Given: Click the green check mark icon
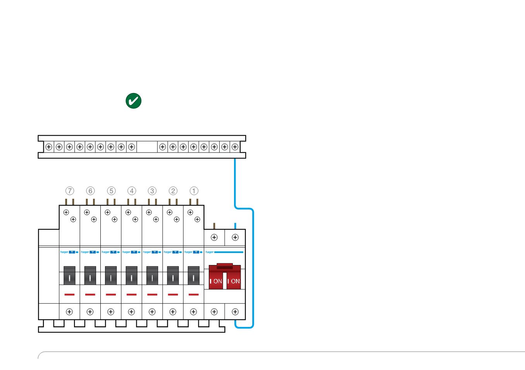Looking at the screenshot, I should tap(133, 101).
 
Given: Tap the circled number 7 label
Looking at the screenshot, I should tap(70, 191).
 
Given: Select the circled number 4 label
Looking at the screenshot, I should tap(132, 191).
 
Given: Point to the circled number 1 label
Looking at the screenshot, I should tap(194, 191).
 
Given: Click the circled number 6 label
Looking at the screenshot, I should tap(90, 191).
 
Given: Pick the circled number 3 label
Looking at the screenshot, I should tap(152, 191).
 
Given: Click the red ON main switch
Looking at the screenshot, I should tap(225, 277).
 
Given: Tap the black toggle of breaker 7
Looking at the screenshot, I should tap(69, 275).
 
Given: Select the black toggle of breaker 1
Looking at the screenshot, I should tap(193, 275).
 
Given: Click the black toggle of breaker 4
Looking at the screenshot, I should tap(131, 275).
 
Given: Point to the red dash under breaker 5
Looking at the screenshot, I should tap(111, 294).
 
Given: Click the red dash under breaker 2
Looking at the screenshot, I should tap(173, 294).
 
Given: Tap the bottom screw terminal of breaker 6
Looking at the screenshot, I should tap(90, 312).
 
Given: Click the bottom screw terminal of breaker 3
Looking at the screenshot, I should tap(152, 312).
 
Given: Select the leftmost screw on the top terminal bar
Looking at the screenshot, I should tap(49, 147).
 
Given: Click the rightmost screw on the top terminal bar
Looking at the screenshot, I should tap(235, 147).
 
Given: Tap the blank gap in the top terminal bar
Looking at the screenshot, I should tap(147, 147).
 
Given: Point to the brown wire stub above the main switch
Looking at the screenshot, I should tap(214, 226).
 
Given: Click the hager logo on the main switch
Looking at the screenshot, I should tap(210, 252).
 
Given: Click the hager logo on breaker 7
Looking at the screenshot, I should tap(64, 252).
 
